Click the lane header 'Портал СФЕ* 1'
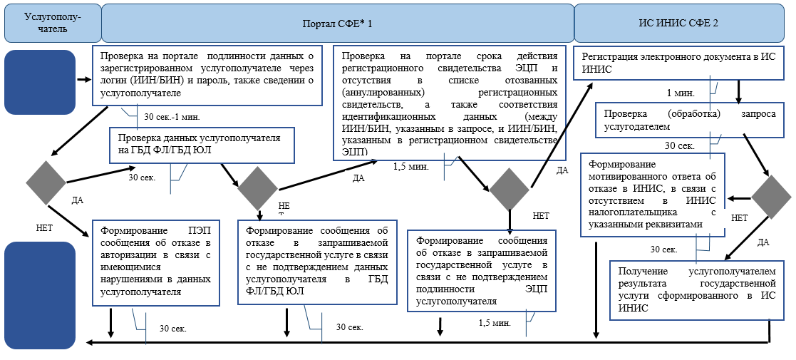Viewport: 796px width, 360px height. point(338,23)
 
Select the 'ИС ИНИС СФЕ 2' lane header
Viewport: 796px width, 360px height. point(678,23)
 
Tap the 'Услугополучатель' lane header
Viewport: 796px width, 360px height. point(52,23)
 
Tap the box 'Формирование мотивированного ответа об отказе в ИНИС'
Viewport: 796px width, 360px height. point(652,193)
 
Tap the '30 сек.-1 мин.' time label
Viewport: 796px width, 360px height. point(172,116)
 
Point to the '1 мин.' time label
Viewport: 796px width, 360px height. point(680,93)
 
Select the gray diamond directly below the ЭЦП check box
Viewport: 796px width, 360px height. point(510,190)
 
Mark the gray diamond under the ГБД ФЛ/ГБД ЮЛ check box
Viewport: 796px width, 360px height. point(257,188)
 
